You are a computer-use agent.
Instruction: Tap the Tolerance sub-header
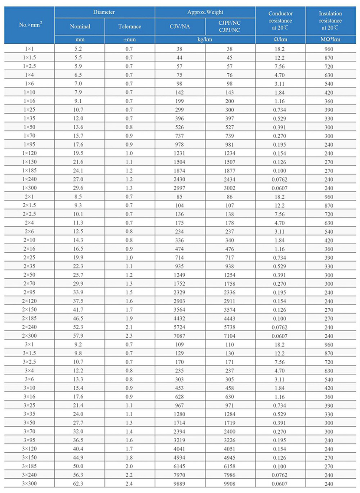130,26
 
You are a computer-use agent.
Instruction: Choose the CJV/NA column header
180,26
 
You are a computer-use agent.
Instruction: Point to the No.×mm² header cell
29,24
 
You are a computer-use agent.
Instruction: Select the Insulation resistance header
331,20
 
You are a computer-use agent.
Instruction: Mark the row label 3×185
29,467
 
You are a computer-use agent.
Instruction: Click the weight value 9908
230,483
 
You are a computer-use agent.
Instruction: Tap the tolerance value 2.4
130,483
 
